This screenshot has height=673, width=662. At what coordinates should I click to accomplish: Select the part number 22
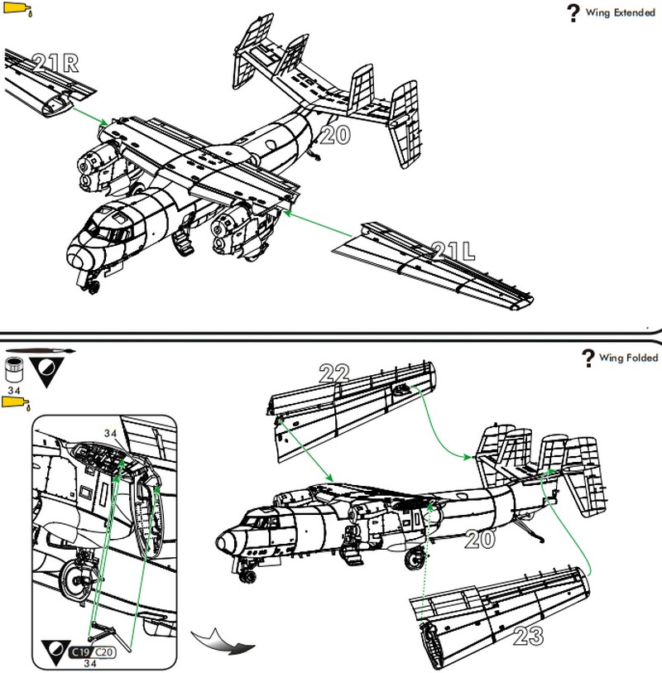point(333,374)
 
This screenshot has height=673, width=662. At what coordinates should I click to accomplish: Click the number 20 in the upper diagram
point(333,135)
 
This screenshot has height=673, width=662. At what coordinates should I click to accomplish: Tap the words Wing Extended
point(621,13)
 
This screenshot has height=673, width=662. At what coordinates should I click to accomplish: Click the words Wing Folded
point(629,358)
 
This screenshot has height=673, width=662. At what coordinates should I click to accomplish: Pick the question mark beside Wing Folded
point(588,358)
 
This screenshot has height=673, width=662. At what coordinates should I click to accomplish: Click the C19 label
point(82,651)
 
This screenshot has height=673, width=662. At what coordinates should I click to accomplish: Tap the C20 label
point(106,651)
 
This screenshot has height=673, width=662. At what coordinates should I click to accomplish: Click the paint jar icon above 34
point(13,366)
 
